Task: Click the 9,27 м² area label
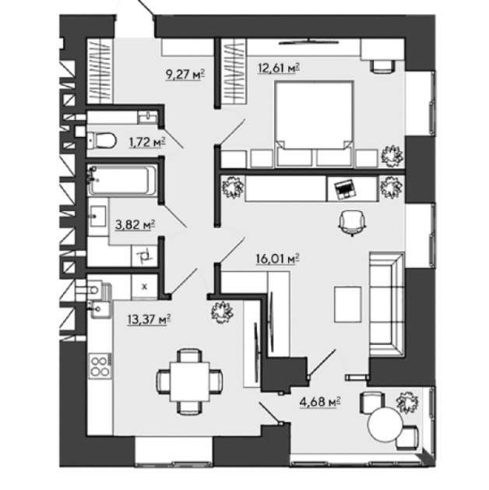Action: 185,75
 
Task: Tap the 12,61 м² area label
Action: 279,68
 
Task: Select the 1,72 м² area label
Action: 147,143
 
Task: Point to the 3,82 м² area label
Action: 135,224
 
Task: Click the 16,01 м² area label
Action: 278,259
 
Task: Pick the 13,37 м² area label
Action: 149,319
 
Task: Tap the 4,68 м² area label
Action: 320,402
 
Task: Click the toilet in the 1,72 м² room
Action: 102,140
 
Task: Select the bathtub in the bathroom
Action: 122,180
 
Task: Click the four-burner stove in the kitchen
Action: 100,366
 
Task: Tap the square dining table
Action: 190,382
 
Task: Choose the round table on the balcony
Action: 385,425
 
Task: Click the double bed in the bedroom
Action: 314,123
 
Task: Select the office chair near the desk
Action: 353,222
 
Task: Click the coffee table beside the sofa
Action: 348,305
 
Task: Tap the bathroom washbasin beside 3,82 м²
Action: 98,217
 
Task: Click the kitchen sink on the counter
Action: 100,309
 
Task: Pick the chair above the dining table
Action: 190,355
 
